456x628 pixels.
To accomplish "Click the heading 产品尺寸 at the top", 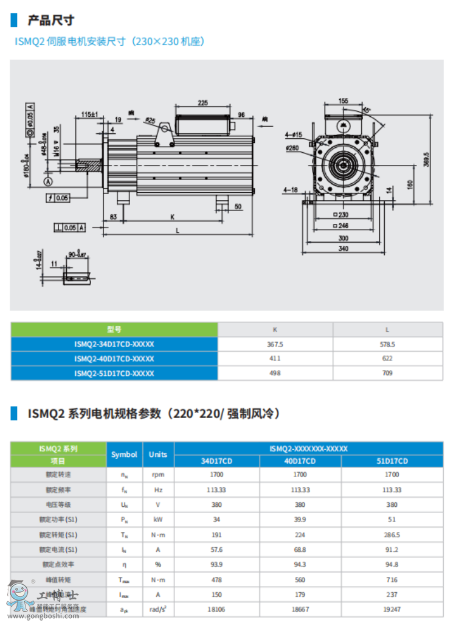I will pyautogui.click(x=51, y=21).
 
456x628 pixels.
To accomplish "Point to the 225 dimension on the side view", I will pyautogui.click(x=202, y=102).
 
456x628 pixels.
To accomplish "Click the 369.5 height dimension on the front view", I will pyautogui.click(x=427, y=159).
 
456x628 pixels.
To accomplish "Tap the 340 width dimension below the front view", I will pyautogui.click(x=344, y=248).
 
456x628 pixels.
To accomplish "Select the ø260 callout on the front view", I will pyautogui.click(x=292, y=147).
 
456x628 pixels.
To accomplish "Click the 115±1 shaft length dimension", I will pyautogui.click(x=89, y=114).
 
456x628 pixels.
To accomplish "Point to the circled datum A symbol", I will pyautogui.click(x=48, y=181).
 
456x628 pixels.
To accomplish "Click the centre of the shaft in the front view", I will pyautogui.click(x=344, y=163).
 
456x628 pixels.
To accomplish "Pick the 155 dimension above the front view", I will pyautogui.click(x=344, y=101).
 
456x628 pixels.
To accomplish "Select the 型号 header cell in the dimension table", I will pyautogui.click(x=114, y=329).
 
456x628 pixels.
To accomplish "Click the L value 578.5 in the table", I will pyautogui.click(x=387, y=344).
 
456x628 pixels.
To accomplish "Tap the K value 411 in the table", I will pyautogui.click(x=275, y=358).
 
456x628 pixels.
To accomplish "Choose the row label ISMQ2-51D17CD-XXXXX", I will pyautogui.click(x=114, y=373).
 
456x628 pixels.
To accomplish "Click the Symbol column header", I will pyautogui.click(x=125, y=455).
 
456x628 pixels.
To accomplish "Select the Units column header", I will pyautogui.click(x=158, y=455).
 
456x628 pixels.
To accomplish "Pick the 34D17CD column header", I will pyautogui.click(x=216, y=461).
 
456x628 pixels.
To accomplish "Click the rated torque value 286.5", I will pyautogui.click(x=392, y=535).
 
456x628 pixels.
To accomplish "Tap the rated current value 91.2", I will pyautogui.click(x=392, y=549).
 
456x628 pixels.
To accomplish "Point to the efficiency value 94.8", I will pyautogui.click(x=392, y=565).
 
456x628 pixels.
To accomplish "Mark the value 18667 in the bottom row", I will pyautogui.click(x=300, y=609).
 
